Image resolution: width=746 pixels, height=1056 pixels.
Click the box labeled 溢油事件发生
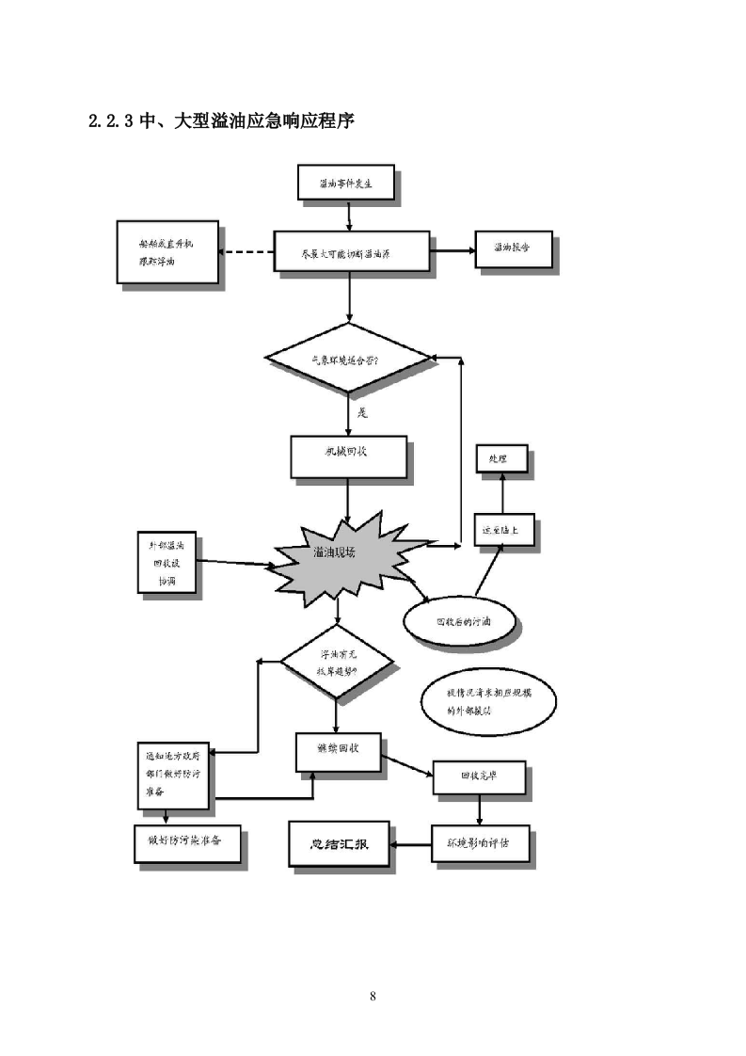tap(345, 183)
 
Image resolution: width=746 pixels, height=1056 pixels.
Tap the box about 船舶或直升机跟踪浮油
tap(167, 251)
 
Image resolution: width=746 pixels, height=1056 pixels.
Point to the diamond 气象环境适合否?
tap(347, 359)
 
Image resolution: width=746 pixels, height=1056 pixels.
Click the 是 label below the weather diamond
tap(361, 412)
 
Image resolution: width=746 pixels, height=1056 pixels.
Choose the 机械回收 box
tap(348, 457)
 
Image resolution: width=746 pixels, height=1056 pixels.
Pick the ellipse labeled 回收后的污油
tap(462, 622)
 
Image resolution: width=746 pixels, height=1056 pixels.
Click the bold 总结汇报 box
tap(339, 844)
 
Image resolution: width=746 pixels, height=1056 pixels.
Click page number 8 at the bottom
tap(373, 996)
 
